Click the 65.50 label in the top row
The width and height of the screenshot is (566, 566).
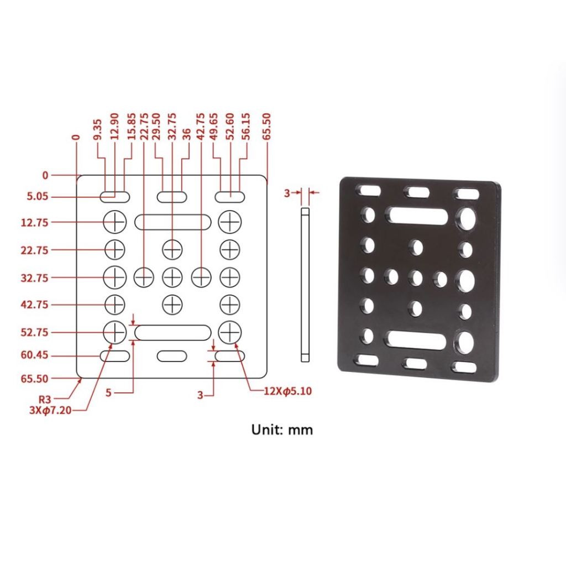267,127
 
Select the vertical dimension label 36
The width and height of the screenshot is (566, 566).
186,134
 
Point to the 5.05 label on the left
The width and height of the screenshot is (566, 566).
37,197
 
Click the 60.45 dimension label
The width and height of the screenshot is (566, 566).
34,355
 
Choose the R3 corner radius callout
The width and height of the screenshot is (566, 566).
45,399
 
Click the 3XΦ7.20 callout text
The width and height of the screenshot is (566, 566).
50,411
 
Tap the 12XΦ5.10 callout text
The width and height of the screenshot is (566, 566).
287,391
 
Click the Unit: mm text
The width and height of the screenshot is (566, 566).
282,429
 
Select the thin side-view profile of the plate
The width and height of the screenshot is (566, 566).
305,285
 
